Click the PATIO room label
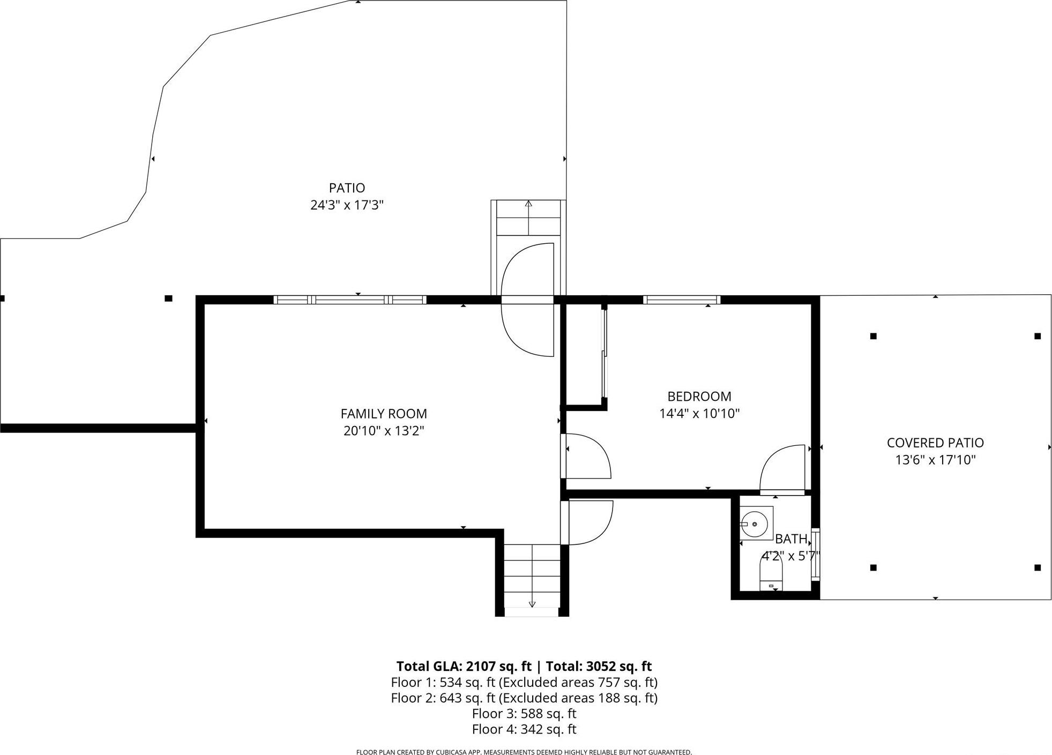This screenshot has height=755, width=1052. pos(347,188)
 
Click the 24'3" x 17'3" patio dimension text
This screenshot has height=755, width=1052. pos(347,205)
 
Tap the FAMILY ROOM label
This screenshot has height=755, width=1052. pos(384,414)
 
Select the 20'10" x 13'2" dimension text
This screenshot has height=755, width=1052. pos(384,431)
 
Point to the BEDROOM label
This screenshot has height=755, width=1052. pos(699,397)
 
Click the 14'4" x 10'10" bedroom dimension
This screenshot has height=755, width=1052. pos(699,414)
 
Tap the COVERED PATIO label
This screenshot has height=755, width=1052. pos(935,443)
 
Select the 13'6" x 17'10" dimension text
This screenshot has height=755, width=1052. pos(935,460)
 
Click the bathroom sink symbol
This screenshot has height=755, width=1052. pos(755,523)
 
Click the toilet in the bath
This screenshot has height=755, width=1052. pos(771,574)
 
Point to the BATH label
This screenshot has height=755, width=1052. pos(791,539)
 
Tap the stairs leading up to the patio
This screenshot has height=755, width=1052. pos(528,218)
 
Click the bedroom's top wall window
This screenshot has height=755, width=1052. pos(681,300)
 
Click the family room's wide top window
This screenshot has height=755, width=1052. pos(350,300)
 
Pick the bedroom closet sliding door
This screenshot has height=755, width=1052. pos(605,354)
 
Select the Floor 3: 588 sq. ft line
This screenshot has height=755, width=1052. pos(524,713)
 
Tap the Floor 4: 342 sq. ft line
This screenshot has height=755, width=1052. pos(524,729)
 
